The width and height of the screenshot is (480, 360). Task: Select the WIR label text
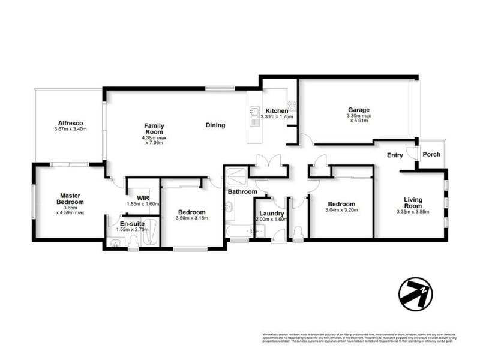click(142, 197)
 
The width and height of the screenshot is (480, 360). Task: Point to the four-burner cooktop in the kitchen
click(293, 107)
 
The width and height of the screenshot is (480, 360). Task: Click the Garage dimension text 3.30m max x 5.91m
click(358, 118)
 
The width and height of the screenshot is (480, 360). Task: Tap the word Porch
click(431, 154)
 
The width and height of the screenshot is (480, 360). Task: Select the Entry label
click(395, 155)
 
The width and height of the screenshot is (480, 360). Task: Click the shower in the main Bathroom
click(235, 178)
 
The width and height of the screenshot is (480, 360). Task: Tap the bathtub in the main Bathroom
click(238, 230)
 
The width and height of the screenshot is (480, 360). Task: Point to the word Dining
click(215, 125)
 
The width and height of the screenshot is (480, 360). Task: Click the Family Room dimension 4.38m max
click(154, 137)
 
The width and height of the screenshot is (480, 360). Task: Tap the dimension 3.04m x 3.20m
click(341, 211)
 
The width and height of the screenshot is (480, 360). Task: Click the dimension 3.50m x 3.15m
click(191, 218)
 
